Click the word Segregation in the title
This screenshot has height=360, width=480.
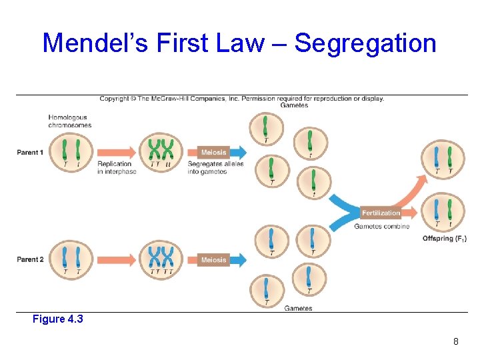coord(365,44)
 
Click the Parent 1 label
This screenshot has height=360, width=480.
coord(30,153)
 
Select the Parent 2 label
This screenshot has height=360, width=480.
coord(30,259)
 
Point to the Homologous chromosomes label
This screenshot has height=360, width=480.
coord(69,121)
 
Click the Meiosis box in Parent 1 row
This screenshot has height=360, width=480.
coord(213,153)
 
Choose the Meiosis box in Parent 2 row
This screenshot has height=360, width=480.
coord(213,259)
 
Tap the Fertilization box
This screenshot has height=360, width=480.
coord(381,213)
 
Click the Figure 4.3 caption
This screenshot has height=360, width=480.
coord(58,319)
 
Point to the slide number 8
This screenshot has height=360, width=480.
coord(455,342)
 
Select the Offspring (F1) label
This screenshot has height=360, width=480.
coord(445,239)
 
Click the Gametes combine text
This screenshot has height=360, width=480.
coord(381,227)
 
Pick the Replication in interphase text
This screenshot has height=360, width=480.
coord(117,168)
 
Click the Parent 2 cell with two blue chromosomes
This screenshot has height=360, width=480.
coord(71,259)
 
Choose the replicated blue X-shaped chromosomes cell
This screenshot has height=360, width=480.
coord(160,259)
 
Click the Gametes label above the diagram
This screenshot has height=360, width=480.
coord(294,105)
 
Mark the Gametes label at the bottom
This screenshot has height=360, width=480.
coord(298,309)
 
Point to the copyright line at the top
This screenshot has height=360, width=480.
coord(241,99)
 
